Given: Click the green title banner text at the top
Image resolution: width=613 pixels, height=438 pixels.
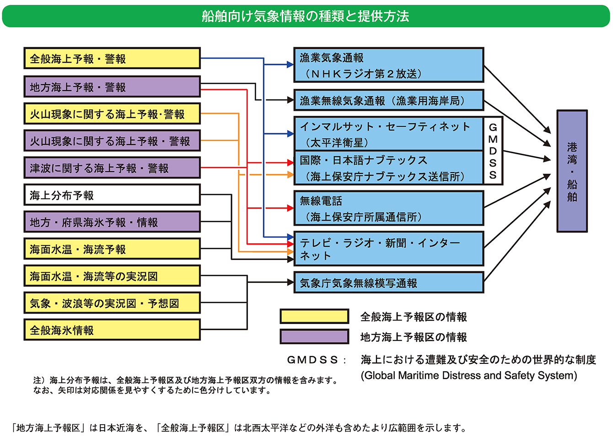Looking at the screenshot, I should click(306, 16).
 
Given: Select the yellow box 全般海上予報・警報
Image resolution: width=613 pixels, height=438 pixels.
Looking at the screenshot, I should click(112, 59).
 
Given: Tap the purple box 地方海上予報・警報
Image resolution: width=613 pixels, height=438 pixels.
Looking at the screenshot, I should click(112, 87).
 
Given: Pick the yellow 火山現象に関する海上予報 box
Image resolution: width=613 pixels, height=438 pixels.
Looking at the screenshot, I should click(112, 114).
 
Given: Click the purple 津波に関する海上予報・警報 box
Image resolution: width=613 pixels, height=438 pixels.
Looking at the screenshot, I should click(112, 168).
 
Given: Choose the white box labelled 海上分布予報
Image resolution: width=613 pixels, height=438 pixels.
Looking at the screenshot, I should click(112, 195).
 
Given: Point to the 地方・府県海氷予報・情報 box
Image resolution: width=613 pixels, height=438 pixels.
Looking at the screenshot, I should click(112, 222).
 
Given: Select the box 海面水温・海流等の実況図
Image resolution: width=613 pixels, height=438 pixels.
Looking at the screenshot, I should click(112, 276).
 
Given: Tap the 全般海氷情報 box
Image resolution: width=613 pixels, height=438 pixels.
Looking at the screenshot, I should click(112, 330).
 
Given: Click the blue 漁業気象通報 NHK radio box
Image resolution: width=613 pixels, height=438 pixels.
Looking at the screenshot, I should click(388, 65).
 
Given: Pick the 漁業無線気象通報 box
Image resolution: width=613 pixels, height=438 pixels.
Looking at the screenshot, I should click(388, 100).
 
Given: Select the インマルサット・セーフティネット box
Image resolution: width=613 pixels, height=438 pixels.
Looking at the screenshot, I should click(388, 134).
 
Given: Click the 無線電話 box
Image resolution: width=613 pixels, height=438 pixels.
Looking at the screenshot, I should click(388, 208).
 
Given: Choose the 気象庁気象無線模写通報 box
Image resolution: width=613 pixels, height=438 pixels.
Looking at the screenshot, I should click(388, 283).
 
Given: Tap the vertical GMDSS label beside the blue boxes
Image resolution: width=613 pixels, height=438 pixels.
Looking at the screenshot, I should click(493, 151).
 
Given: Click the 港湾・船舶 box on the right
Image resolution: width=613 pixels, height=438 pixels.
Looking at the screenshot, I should click(572, 171).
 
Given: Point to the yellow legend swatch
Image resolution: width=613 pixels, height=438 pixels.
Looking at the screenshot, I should click(314, 316).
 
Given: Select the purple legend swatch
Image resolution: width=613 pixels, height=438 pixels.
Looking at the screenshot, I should click(314, 337).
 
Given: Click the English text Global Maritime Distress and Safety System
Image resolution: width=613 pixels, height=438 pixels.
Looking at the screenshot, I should click(468, 376).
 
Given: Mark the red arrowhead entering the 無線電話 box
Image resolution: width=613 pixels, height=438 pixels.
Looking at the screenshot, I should click(290, 208).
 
